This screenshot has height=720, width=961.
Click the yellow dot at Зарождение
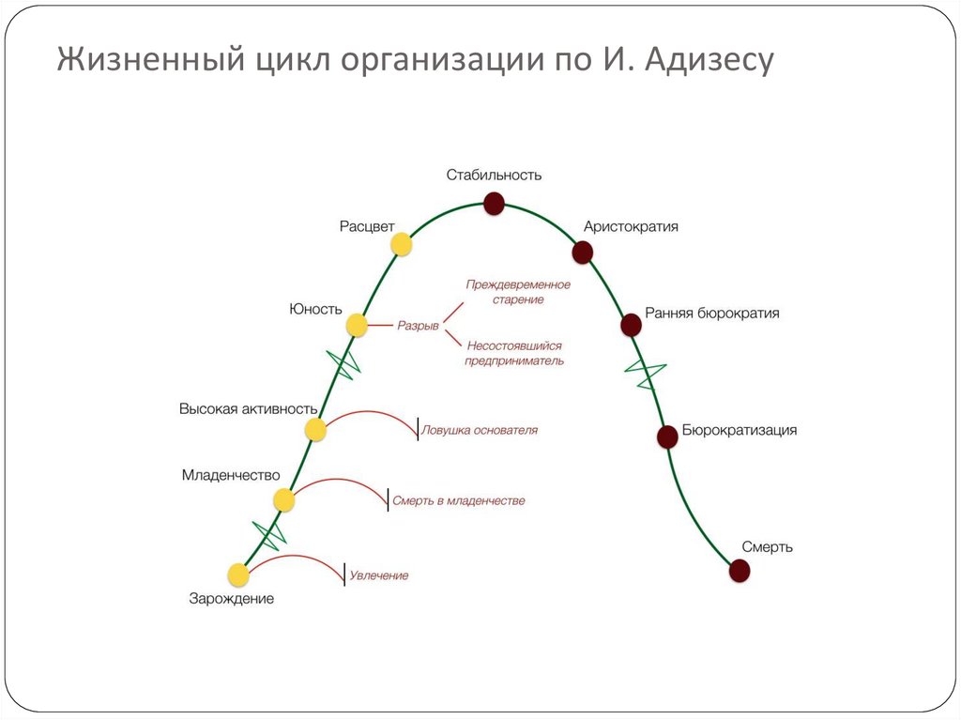point(238,574)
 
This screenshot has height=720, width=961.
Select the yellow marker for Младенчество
point(284,500)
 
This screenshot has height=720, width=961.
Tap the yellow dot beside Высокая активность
point(315,430)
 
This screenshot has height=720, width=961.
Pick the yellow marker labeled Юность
point(357,326)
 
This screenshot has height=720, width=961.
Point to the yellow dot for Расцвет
point(402,244)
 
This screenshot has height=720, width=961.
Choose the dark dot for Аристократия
point(583,252)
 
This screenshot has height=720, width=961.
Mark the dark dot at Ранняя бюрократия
point(632,325)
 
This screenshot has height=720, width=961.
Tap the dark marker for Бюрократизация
point(667,436)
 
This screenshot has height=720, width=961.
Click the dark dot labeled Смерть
point(740,570)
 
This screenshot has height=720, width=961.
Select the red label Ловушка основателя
point(480,430)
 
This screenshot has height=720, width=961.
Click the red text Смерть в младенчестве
point(458,501)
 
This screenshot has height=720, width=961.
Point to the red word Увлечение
point(379,575)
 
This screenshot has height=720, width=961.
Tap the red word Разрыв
point(418,326)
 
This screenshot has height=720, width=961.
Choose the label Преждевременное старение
point(518,292)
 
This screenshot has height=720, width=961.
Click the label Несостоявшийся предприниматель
point(514,353)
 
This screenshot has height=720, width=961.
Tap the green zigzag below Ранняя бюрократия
point(646,373)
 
